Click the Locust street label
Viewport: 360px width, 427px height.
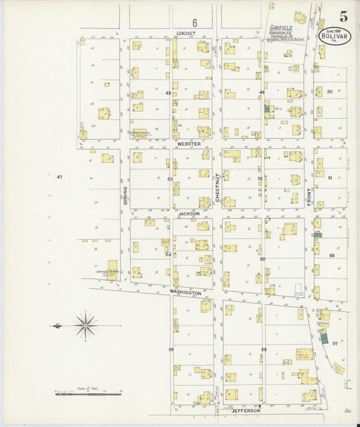(184, 32)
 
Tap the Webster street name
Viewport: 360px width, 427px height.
(189, 144)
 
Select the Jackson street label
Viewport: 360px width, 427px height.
(189, 214)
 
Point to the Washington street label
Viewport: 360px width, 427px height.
(185, 293)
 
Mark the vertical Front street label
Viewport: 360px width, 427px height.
(309, 196)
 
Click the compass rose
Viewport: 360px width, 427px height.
(86, 326)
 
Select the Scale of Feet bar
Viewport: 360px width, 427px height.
(88, 392)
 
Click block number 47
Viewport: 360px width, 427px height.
(59, 176)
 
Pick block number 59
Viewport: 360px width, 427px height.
(171, 349)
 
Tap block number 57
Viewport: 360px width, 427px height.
(335, 344)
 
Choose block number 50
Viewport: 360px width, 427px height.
(330, 91)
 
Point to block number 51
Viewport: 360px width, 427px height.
(330, 178)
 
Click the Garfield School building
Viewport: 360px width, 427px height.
(111, 270)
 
